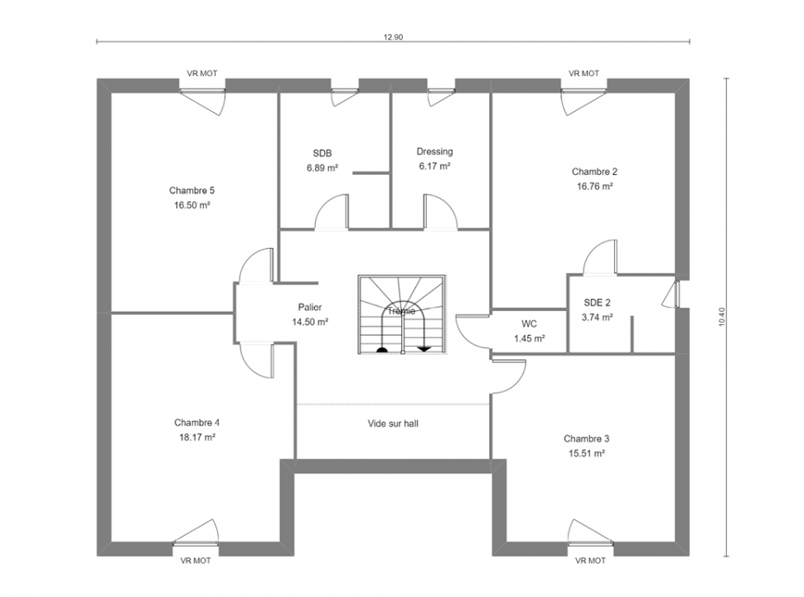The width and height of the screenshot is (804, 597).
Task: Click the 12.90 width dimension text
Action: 393,37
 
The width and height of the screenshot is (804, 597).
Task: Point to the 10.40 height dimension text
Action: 722,317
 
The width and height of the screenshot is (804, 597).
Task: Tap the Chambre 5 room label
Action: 191,191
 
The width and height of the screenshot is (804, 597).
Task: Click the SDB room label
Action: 322,153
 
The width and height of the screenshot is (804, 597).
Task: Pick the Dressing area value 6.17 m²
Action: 434,166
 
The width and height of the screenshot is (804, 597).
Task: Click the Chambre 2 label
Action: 594,172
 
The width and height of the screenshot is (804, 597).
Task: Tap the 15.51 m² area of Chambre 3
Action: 586,454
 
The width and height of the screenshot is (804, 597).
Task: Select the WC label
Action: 529,324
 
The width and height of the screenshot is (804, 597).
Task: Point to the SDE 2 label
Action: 597,303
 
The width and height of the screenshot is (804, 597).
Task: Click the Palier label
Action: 310,308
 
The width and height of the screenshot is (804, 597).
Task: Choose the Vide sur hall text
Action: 393,424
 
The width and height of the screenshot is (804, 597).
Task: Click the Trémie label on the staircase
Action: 401,311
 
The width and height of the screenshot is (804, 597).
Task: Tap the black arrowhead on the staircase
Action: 424,349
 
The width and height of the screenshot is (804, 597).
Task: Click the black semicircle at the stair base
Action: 381,350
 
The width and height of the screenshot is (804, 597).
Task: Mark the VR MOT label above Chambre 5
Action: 202,73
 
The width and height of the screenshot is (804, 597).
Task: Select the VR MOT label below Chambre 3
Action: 590,561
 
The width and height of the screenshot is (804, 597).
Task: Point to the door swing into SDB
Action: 332,211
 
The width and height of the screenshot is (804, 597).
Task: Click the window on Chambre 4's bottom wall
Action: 196,543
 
